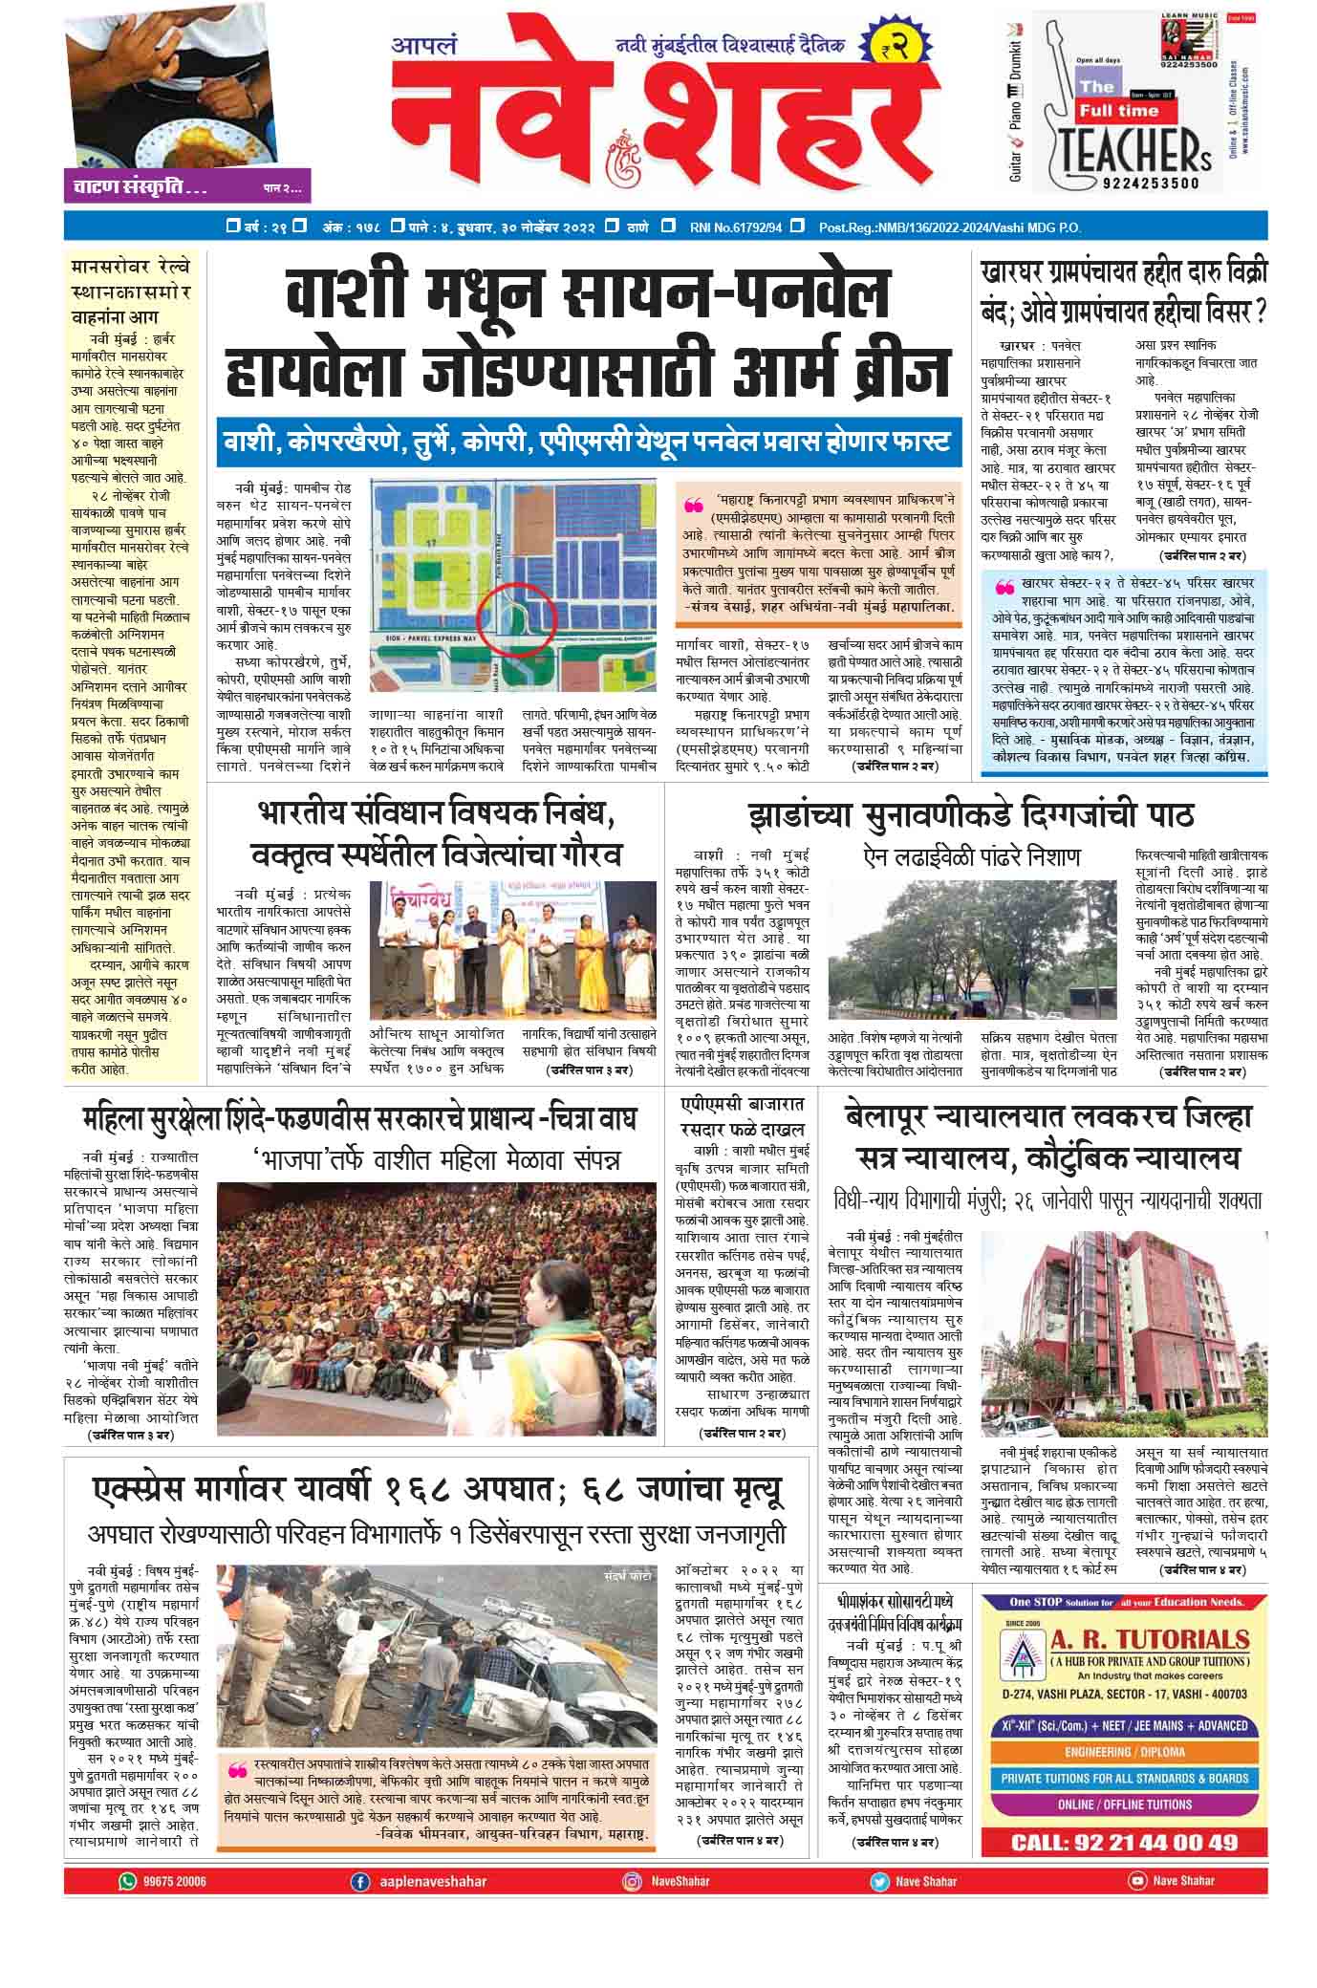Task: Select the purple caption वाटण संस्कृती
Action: tap(140, 187)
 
